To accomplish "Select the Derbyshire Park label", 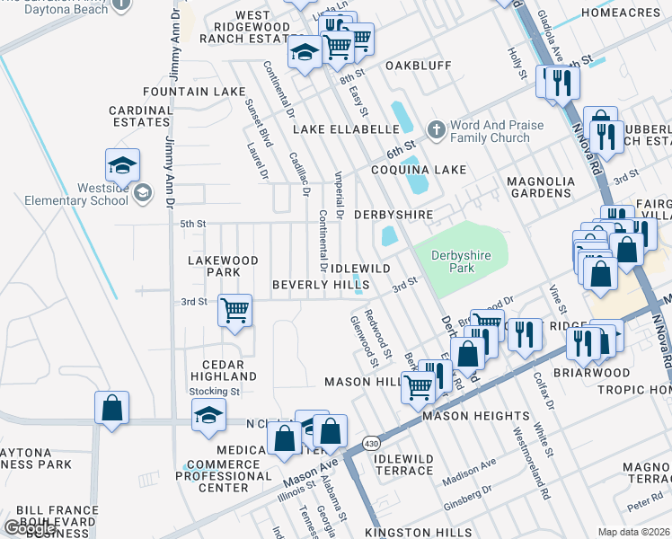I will [x=461, y=262].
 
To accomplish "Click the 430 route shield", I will [x=370, y=444].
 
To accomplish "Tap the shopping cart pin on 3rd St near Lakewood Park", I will [x=235, y=311].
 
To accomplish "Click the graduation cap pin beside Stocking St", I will [x=208, y=415].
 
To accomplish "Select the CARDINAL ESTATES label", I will [x=140, y=116].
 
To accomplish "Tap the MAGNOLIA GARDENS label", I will [x=540, y=187].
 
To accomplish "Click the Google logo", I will [x=29, y=528].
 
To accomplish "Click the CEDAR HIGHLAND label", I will [x=223, y=369].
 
